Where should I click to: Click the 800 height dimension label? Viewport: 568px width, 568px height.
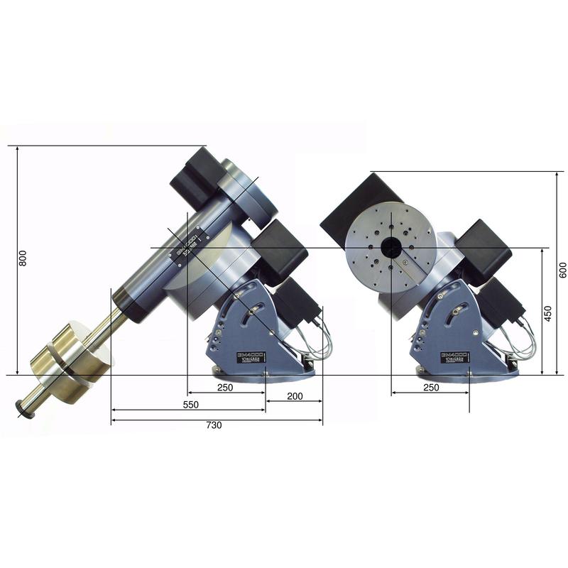coord(22,259)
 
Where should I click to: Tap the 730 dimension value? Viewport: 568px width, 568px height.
coord(214,425)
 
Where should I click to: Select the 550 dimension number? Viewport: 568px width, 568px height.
coord(190,404)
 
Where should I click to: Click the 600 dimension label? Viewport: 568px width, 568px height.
coord(562,270)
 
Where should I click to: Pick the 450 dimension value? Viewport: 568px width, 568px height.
coord(547,313)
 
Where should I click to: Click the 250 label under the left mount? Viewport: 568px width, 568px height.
coord(226,388)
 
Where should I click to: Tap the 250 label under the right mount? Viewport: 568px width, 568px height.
coord(430,388)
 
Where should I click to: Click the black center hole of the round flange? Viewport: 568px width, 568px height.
coord(390,247)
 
